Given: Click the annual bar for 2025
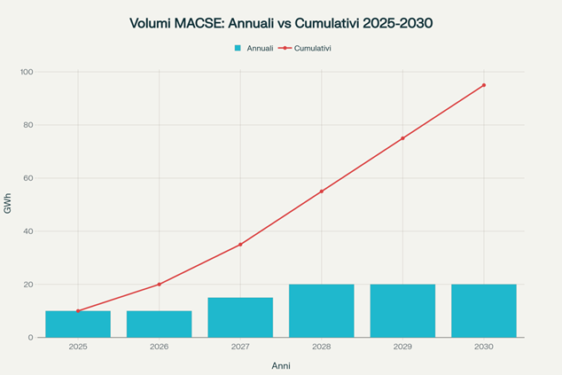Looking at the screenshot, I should tap(78, 324).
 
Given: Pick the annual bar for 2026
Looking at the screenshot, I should tap(159, 324).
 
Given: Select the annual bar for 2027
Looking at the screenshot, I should tap(240, 317).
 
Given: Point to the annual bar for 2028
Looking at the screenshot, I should tap(321, 311).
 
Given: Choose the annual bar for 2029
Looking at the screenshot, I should tap(402, 311).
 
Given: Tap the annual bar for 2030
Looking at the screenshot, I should tap(483, 311).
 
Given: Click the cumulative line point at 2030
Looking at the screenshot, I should tap(483, 85).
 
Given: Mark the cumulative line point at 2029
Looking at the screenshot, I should tap(402, 138).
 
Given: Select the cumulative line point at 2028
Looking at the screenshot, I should tap(321, 191).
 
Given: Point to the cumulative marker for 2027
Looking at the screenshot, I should tap(240, 245).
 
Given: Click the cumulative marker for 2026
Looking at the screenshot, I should tap(159, 285).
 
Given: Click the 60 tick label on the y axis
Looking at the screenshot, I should tap(27, 178).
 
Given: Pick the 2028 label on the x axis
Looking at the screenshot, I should tap(321, 347).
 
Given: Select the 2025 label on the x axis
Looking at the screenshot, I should tap(78, 347).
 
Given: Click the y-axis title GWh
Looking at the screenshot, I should tap(8, 205).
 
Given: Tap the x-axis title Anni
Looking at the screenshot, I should tap(281, 365).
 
